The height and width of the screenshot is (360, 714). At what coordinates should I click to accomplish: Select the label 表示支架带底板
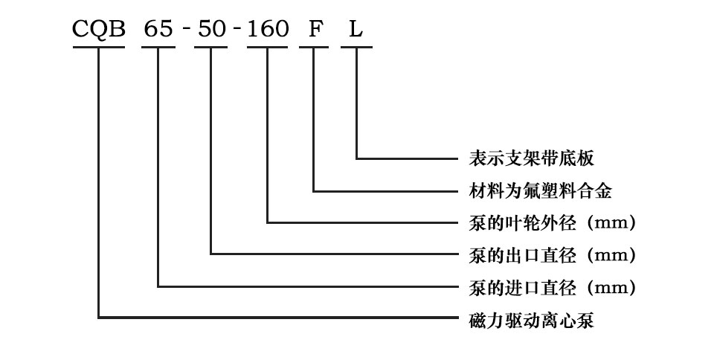point(531,158)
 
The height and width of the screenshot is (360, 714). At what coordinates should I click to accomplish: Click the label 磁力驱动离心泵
point(531,319)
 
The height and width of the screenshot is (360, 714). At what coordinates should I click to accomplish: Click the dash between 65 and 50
point(185,30)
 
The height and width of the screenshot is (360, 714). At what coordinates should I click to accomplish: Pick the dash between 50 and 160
point(238,30)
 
